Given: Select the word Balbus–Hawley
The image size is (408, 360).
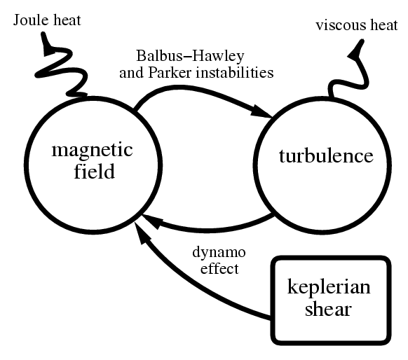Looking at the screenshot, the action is (x=190, y=57).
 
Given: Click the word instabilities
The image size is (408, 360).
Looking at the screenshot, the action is (x=235, y=72).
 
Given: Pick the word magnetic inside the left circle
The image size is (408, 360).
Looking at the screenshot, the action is (x=93, y=151).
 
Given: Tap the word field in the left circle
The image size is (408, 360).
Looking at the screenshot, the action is (x=95, y=171).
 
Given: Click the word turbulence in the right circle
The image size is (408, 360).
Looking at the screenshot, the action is (x=326, y=155).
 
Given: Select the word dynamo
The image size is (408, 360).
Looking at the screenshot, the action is (x=219, y=253).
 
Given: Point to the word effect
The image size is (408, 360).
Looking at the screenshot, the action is (x=219, y=268).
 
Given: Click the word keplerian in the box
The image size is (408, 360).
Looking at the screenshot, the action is (x=329, y=287).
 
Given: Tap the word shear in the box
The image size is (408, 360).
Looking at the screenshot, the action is (x=328, y=309).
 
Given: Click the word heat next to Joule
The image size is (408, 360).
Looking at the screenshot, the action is (x=67, y=20).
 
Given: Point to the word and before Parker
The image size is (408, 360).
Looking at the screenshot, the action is (x=131, y=73).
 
